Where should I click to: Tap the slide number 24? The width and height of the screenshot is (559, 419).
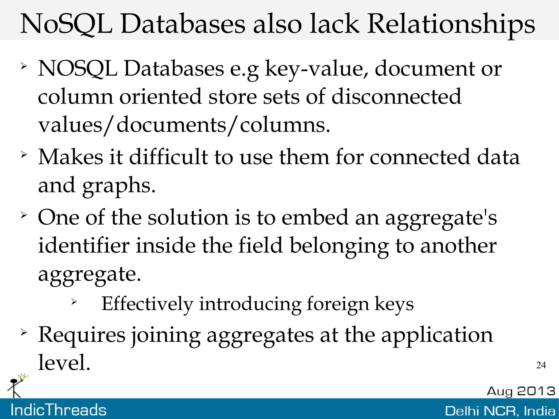click(541, 365)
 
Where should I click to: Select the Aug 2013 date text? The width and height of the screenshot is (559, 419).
click(521, 391)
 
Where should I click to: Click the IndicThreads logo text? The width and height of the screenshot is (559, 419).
click(58, 410)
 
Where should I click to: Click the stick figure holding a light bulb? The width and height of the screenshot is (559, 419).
click(16, 385)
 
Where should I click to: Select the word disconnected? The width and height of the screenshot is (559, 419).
click(396, 97)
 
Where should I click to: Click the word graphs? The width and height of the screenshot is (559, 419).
click(119, 186)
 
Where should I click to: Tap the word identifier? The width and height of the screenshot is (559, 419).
click(84, 245)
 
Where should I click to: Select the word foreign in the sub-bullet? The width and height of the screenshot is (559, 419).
click(338, 304)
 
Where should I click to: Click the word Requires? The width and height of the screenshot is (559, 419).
click(82, 335)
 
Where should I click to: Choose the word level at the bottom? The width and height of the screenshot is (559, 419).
click(64, 363)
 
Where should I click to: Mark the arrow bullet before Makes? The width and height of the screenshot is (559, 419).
click(24, 155)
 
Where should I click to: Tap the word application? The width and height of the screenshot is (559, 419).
click(437, 335)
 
